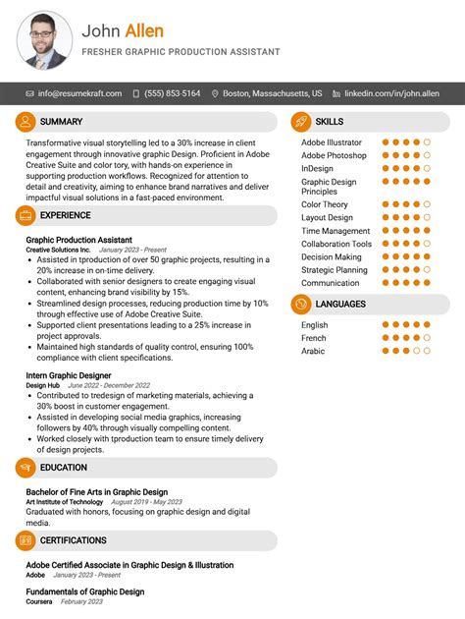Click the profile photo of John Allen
click(44, 39)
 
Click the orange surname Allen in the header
click(144, 31)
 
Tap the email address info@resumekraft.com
click(79, 93)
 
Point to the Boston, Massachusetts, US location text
click(272, 93)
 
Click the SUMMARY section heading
click(61, 122)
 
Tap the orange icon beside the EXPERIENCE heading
click(26, 215)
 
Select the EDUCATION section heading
click(64, 468)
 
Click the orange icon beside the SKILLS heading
click(301, 122)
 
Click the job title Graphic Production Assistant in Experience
click(78, 240)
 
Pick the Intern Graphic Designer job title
click(68, 375)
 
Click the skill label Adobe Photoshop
click(334, 155)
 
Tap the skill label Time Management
click(336, 231)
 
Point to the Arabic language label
click(314, 350)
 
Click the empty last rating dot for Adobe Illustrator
click(427, 142)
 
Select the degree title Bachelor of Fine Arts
click(96, 492)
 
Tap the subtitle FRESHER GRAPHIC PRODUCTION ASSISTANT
click(181, 52)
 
